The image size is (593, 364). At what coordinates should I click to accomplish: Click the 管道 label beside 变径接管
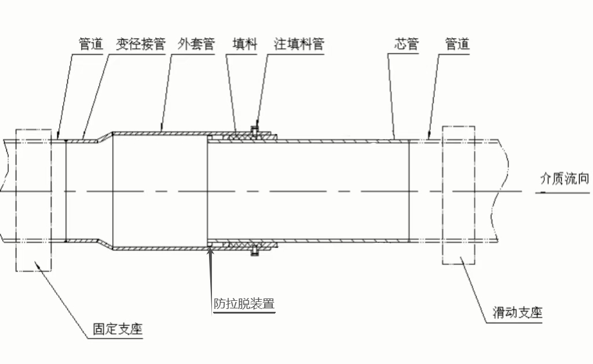(91, 44)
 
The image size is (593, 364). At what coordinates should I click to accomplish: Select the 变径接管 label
(141, 44)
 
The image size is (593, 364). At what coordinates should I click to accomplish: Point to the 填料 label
(244, 44)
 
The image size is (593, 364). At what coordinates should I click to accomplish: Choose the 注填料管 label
(299, 44)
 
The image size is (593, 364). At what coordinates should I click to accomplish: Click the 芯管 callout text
(407, 44)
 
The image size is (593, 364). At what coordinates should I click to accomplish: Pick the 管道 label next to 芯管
(457, 44)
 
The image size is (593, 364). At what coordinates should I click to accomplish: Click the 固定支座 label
(118, 329)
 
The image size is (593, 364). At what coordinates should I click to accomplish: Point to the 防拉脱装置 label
(243, 303)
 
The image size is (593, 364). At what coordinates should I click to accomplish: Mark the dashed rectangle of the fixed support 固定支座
(34, 199)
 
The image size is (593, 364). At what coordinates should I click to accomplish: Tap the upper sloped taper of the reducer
(105, 137)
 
